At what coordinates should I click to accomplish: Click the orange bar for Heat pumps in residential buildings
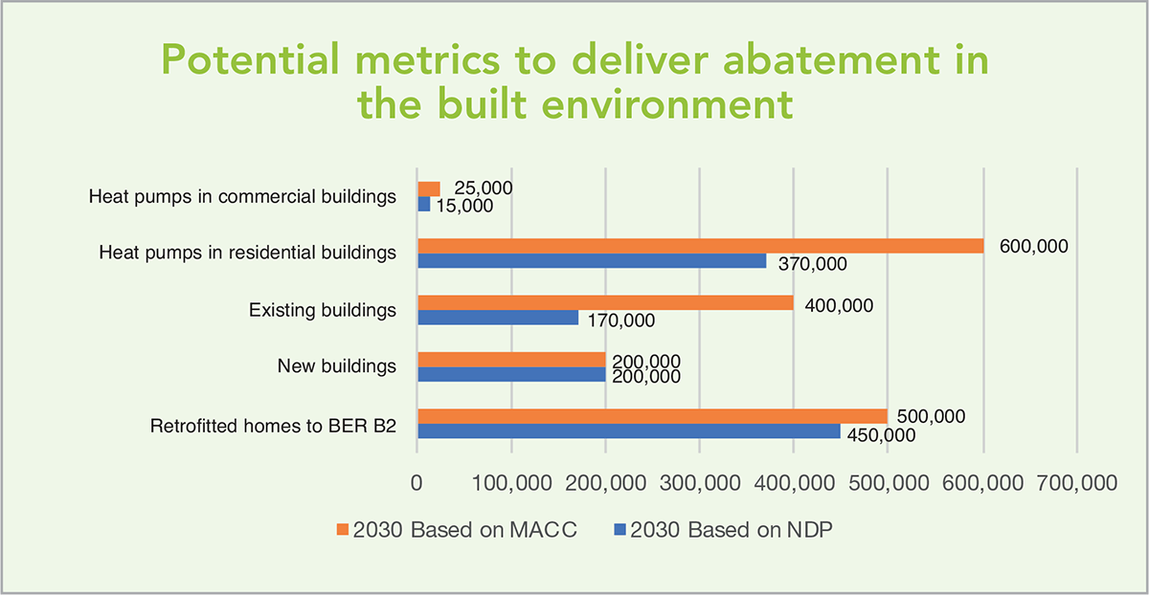tap(701, 246)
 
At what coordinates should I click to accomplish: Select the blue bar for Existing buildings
tap(498, 318)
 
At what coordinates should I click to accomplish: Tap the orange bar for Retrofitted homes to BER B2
tap(652, 416)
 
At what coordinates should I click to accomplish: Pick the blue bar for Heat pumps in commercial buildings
tap(423, 205)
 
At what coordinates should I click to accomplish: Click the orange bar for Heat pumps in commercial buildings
tap(429, 189)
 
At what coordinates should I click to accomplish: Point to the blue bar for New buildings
tap(511, 374)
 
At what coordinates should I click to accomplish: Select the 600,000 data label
tap(1033, 247)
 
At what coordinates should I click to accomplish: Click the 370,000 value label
tap(813, 264)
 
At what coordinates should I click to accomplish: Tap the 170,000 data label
tap(621, 320)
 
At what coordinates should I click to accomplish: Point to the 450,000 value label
tap(881, 435)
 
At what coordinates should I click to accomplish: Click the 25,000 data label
tap(484, 188)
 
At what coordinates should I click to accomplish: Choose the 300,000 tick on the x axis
tap(700, 483)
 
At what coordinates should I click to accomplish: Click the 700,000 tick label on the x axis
tap(1076, 483)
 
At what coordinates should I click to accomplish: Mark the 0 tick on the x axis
tap(417, 483)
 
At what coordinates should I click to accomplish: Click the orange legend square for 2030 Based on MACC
tap(343, 529)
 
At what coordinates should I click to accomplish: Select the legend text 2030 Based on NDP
tap(732, 530)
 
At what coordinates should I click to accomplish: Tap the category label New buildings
tap(336, 366)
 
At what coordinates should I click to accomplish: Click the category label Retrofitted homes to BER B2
tap(273, 426)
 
